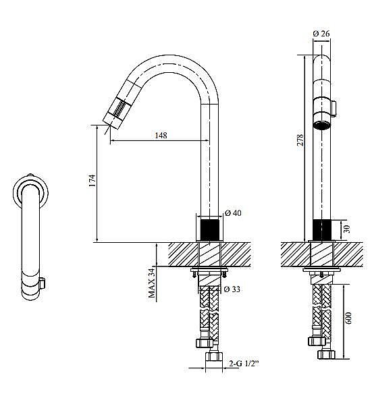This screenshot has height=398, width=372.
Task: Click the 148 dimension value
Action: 161,135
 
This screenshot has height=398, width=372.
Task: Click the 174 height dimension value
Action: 92,181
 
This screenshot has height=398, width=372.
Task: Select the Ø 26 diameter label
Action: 321,33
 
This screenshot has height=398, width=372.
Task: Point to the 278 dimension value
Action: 300,140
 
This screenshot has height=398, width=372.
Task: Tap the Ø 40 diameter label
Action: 233,212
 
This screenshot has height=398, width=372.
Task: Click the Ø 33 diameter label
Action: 232,289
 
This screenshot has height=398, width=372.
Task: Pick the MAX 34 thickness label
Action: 152,283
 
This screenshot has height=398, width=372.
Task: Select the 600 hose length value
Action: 348,318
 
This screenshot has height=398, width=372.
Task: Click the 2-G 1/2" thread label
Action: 244,364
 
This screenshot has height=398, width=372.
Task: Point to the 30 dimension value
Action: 347,229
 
